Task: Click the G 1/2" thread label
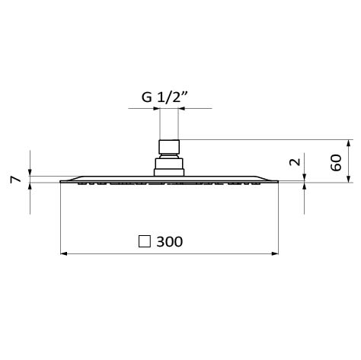click(165, 97)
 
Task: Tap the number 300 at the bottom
click(169, 241)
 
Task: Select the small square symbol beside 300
click(145, 241)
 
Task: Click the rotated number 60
click(336, 162)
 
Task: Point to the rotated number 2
click(295, 162)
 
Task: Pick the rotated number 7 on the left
click(15, 180)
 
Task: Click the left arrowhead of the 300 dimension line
click(64, 253)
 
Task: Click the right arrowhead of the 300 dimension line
click(275, 253)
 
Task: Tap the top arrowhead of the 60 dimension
click(349, 143)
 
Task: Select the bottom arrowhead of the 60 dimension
click(349, 179)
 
